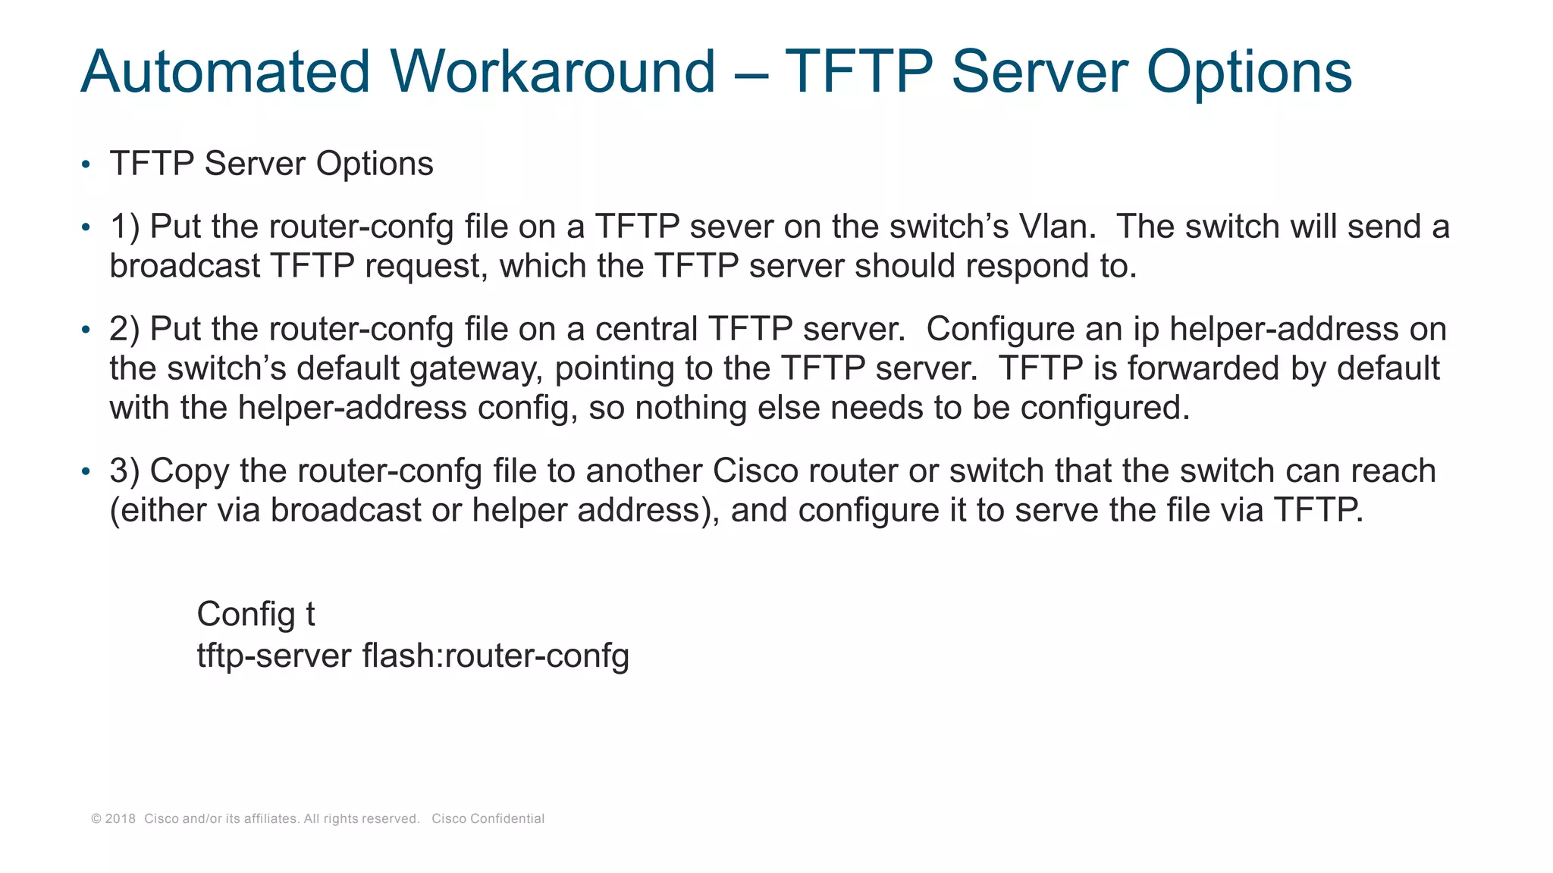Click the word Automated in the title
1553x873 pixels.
click(225, 72)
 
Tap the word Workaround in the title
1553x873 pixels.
click(553, 72)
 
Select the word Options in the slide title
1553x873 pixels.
click(1249, 72)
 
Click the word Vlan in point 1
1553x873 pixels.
click(1057, 227)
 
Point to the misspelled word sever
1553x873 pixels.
click(731, 227)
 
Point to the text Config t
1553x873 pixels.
click(256, 614)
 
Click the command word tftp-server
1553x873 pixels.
click(274, 656)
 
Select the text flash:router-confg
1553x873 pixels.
click(496, 656)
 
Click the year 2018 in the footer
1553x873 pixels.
click(121, 818)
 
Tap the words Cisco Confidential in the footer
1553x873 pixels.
click(488, 818)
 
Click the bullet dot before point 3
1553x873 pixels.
click(86, 471)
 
